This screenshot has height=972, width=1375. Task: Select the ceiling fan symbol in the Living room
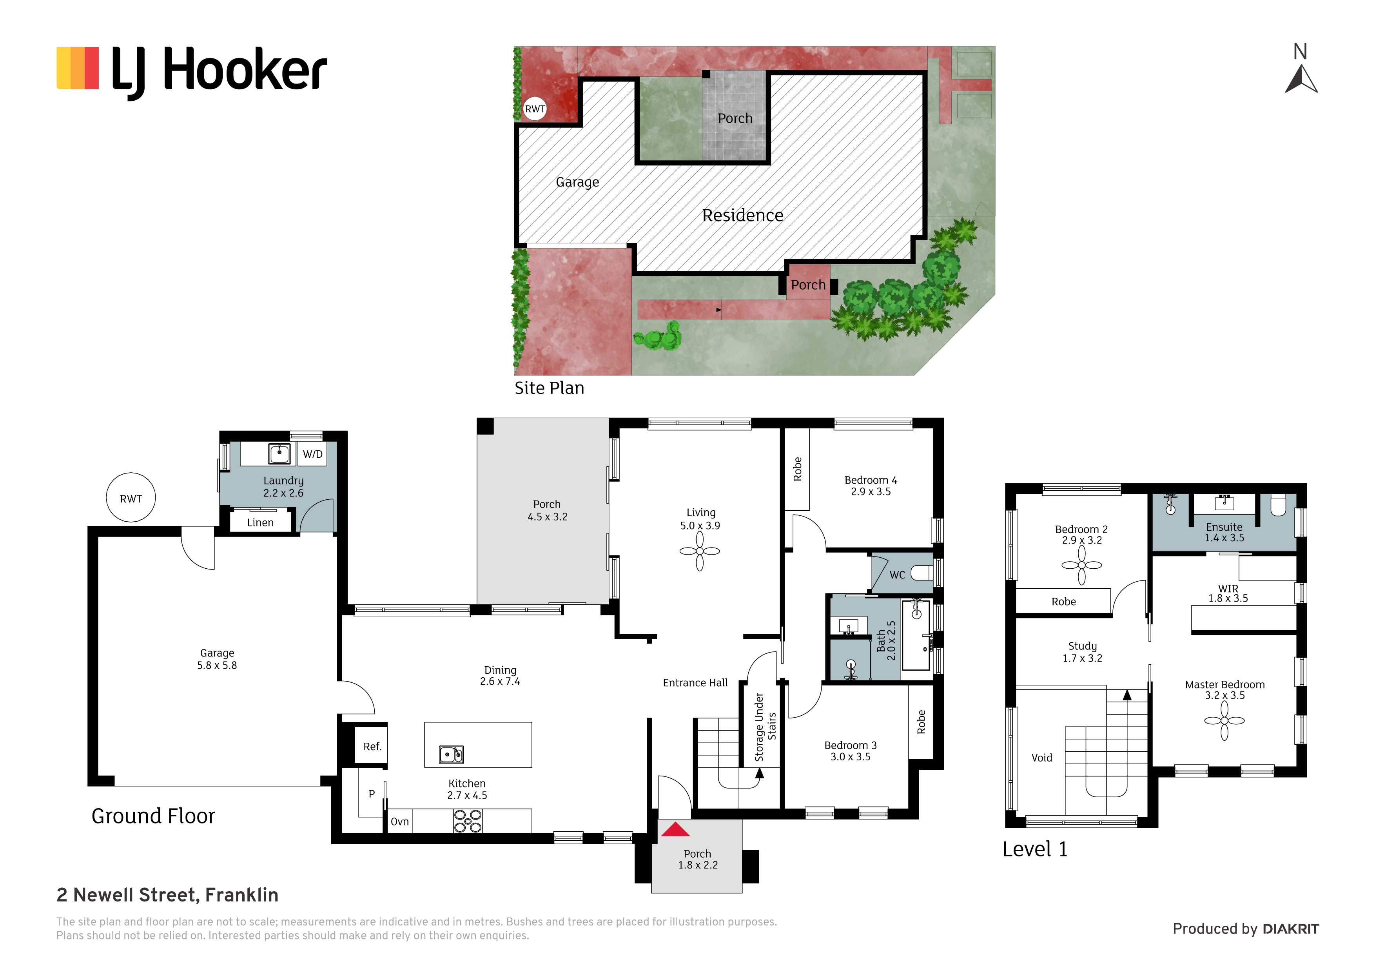700,551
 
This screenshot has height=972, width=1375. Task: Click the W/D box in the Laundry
313,454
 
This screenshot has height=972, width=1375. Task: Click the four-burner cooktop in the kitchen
468,821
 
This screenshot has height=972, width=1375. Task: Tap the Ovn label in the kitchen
399,821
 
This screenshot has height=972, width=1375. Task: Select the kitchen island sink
451,754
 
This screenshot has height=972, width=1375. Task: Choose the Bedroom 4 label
871,480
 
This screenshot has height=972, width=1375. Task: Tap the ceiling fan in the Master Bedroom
1224,720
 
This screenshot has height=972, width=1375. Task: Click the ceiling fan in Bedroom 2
1081,565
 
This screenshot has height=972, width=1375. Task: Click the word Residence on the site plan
743,215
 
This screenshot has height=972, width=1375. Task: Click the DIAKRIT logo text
1291,929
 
